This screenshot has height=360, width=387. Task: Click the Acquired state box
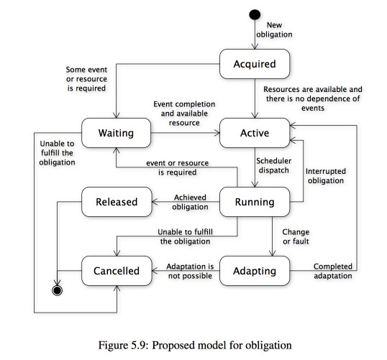point(255,64)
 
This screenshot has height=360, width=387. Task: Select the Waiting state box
point(116,133)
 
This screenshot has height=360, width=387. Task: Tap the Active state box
point(255,133)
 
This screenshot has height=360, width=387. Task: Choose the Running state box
point(255,202)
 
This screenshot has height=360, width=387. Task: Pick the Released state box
point(117,202)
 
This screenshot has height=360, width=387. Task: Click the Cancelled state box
point(117,271)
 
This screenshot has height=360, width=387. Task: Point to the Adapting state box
point(255,271)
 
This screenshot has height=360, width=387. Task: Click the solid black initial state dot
point(255,15)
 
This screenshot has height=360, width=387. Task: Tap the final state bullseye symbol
point(58,290)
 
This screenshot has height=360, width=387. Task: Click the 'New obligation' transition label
point(274,30)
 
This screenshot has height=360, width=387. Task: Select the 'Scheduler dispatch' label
point(274,165)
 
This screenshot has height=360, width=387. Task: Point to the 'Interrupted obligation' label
point(326,176)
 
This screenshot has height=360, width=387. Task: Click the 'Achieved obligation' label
point(190,202)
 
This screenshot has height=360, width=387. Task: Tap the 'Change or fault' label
point(296,236)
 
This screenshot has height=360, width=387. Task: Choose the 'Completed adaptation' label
point(333,271)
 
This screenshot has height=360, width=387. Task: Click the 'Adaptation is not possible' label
point(190,271)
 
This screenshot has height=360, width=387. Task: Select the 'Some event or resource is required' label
point(86,79)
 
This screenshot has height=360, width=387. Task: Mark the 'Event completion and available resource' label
point(184,114)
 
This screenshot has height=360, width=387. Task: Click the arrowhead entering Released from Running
point(155,202)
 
